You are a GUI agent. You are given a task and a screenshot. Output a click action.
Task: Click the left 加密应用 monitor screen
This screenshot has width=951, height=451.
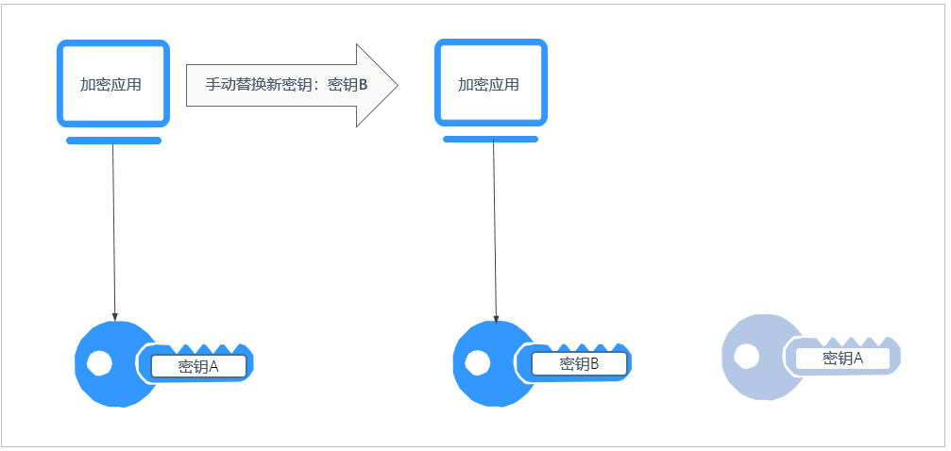pos(112,83)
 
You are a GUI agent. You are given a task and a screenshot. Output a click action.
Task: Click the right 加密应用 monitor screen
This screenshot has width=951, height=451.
pos(490,83)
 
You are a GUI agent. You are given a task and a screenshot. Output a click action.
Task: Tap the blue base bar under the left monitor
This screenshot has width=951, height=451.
pos(113,141)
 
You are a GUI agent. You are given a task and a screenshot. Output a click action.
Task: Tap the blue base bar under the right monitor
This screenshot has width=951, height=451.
pos(490,139)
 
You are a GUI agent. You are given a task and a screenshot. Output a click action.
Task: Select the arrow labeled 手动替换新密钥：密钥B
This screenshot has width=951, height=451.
pos(274,85)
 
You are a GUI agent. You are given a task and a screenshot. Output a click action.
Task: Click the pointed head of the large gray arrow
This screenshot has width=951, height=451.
pos(378,85)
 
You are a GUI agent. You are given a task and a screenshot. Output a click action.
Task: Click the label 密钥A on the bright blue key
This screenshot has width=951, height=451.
pos(198,366)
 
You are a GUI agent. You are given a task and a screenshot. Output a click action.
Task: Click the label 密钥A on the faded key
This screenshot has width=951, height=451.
pos(842,359)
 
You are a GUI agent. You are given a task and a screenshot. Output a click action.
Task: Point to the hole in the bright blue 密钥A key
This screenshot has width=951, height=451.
pos(98,362)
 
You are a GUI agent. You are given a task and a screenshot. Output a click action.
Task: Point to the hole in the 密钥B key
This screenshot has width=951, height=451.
pos(478,362)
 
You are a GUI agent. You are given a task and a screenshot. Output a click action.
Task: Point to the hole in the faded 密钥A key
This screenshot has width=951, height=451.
pos(746,356)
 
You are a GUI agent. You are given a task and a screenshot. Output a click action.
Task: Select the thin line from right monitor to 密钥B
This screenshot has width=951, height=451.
pos(494,231)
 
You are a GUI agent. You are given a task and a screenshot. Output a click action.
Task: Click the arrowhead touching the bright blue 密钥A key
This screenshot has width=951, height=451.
pos(115,317)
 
